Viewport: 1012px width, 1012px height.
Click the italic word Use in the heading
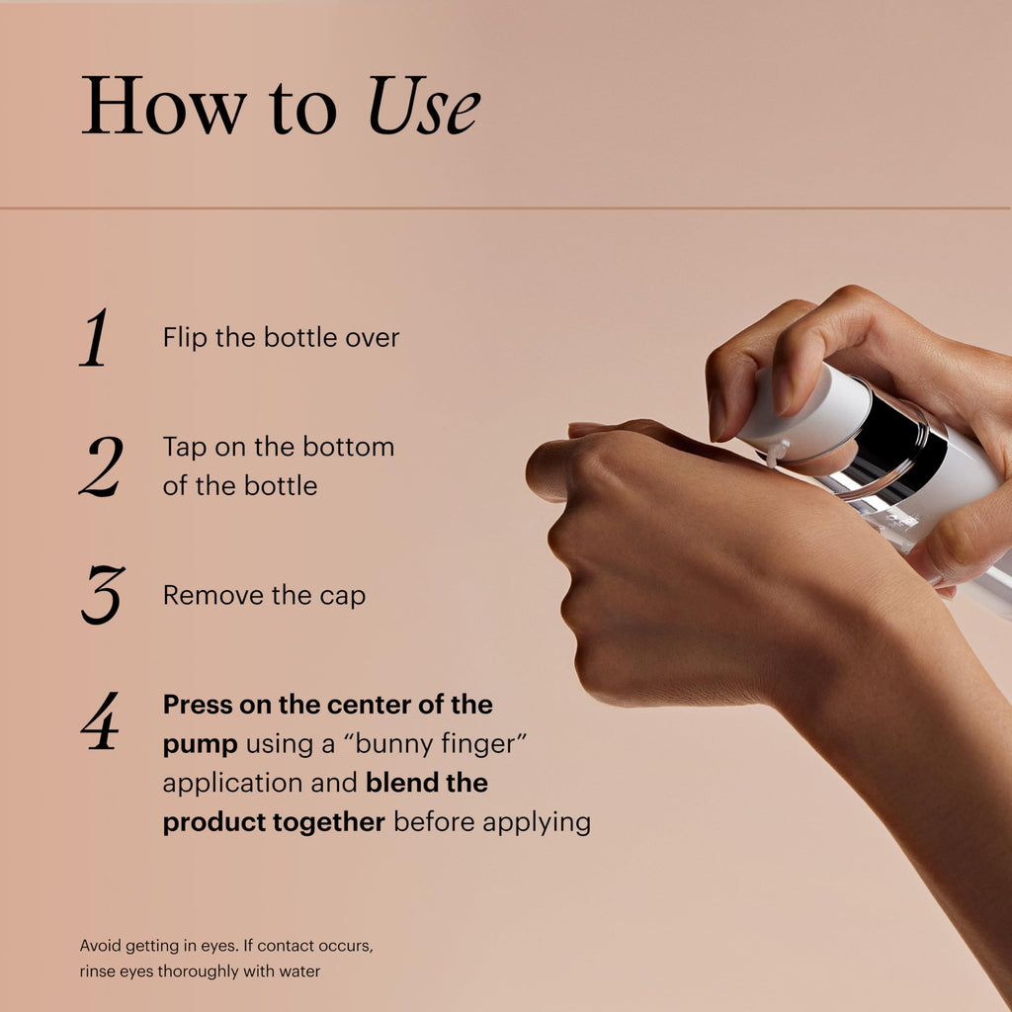click(x=424, y=105)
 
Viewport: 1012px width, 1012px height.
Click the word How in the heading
click(x=164, y=105)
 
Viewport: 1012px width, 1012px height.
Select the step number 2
click(x=102, y=466)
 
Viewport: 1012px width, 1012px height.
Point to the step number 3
click(x=103, y=594)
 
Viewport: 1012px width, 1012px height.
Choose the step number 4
click(x=101, y=720)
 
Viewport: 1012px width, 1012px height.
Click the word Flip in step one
click(x=185, y=338)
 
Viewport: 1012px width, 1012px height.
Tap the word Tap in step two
click(x=185, y=448)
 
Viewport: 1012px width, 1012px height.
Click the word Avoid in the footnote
click(x=100, y=946)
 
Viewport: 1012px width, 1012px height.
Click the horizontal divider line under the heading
click(x=505, y=208)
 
